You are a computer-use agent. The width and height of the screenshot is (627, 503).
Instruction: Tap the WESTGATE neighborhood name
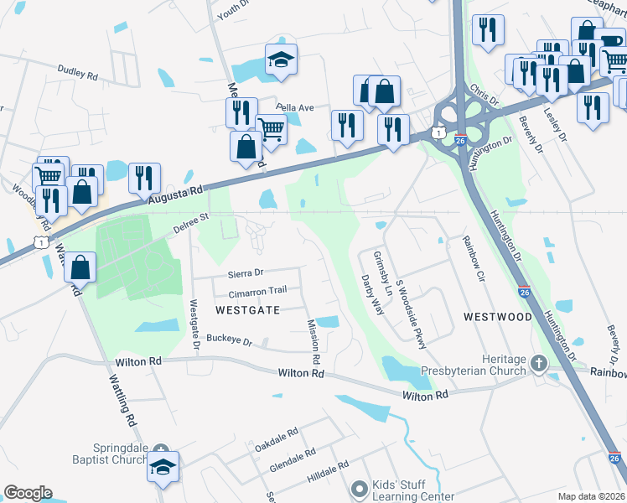246,309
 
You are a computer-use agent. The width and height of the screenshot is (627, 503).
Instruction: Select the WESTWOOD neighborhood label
497,317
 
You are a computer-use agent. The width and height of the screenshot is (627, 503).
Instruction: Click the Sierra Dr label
246,272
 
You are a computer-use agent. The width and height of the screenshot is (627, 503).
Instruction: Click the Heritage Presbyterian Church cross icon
538,365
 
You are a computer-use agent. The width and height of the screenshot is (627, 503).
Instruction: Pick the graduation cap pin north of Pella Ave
281,60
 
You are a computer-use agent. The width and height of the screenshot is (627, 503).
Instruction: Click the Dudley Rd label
78,73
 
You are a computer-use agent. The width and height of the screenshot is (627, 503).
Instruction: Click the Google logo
28,493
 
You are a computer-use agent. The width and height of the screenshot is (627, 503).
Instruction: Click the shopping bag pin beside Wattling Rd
80,269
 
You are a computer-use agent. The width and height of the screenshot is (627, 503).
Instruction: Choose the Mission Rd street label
314,340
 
